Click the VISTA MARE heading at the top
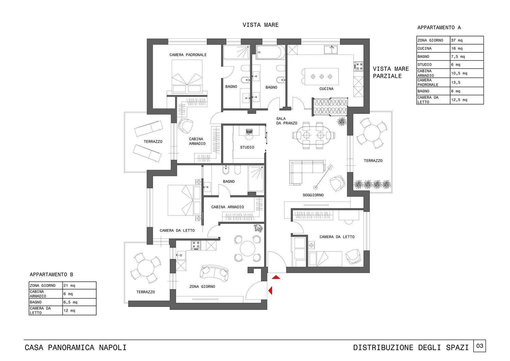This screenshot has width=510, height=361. click(260, 25)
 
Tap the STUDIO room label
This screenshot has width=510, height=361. click(247, 147)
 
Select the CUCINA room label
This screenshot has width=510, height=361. click(326, 89)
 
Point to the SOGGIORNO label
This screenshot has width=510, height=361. click(313, 195)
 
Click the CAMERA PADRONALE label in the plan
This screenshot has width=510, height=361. click(188, 55)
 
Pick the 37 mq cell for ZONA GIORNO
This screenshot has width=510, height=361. click(467, 40)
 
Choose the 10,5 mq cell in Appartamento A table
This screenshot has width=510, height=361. click(467, 73)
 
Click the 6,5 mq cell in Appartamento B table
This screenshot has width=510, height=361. click(79, 302)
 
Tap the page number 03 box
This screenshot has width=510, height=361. click(480, 346)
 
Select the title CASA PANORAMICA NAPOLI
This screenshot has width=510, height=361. click(75, 347)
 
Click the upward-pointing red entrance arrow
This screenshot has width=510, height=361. click(276, 277)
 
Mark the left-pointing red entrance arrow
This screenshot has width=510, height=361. click(270, 291)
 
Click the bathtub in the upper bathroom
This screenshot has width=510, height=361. click(270, 52)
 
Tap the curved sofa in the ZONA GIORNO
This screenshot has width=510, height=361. click(214, 273)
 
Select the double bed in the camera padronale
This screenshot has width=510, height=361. click(187, 76)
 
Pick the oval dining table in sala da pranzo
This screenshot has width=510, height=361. click(314, 135)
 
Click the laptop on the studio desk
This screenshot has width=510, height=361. click(249, 131)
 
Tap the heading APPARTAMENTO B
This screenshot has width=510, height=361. click(51, 275)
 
